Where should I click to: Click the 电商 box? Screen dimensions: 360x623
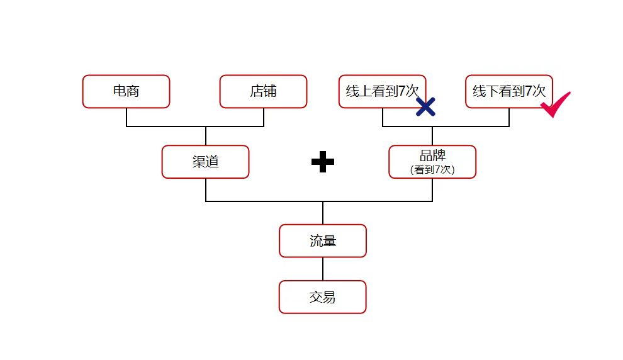(126, 91)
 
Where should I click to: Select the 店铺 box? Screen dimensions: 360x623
(263, 91)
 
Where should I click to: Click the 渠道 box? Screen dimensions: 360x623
(205, 162)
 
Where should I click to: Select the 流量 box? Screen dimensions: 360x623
(322, 241)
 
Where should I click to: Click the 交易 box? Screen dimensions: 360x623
(322, 297)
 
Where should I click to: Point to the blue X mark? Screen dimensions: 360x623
(426, 106)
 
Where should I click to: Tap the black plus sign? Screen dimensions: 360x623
(323, 162)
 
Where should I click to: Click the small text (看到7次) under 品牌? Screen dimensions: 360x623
(432, 170)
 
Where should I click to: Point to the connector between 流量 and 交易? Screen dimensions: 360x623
(323, 269)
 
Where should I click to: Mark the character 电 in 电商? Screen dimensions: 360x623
(120, 91)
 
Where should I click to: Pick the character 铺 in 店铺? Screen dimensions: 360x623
(270, 91)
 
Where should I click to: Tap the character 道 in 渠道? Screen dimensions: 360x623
(212, 162)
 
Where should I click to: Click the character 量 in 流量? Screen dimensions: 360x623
(329, 241)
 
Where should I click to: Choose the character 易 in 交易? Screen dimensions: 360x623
(329, 297)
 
